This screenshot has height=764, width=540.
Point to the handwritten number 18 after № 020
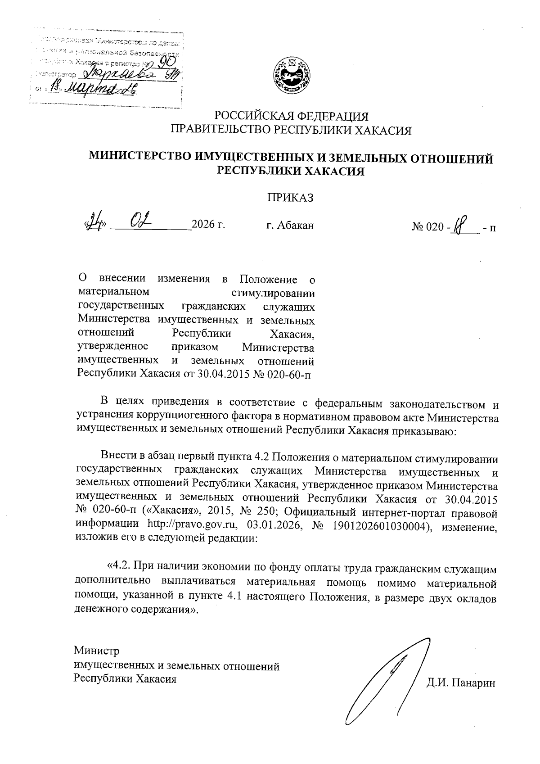point(458,223)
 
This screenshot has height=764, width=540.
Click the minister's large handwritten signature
point(387,680)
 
